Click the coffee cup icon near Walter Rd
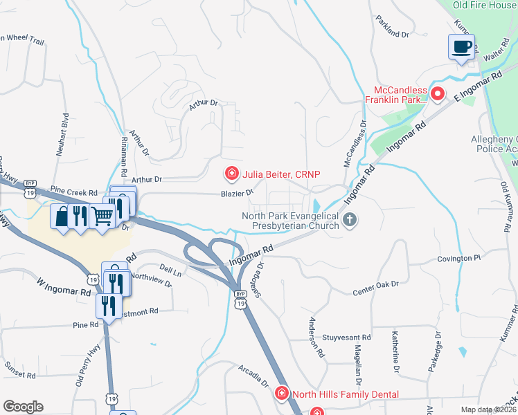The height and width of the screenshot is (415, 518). (x=462, y=47)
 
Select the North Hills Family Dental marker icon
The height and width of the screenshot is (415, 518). (x=282, y=394)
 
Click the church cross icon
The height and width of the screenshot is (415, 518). (x=350, y=221)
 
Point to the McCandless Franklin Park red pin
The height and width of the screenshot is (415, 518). (x=437, y=94)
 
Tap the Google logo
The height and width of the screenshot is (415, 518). (x=23, y=407)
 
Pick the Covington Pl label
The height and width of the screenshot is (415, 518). (x=458, y=258)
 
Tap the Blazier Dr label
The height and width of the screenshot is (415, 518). (x=235, y=194)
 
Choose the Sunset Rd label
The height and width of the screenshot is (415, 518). (x=19, y=369)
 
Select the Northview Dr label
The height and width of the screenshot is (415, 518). (x=150, y=279)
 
